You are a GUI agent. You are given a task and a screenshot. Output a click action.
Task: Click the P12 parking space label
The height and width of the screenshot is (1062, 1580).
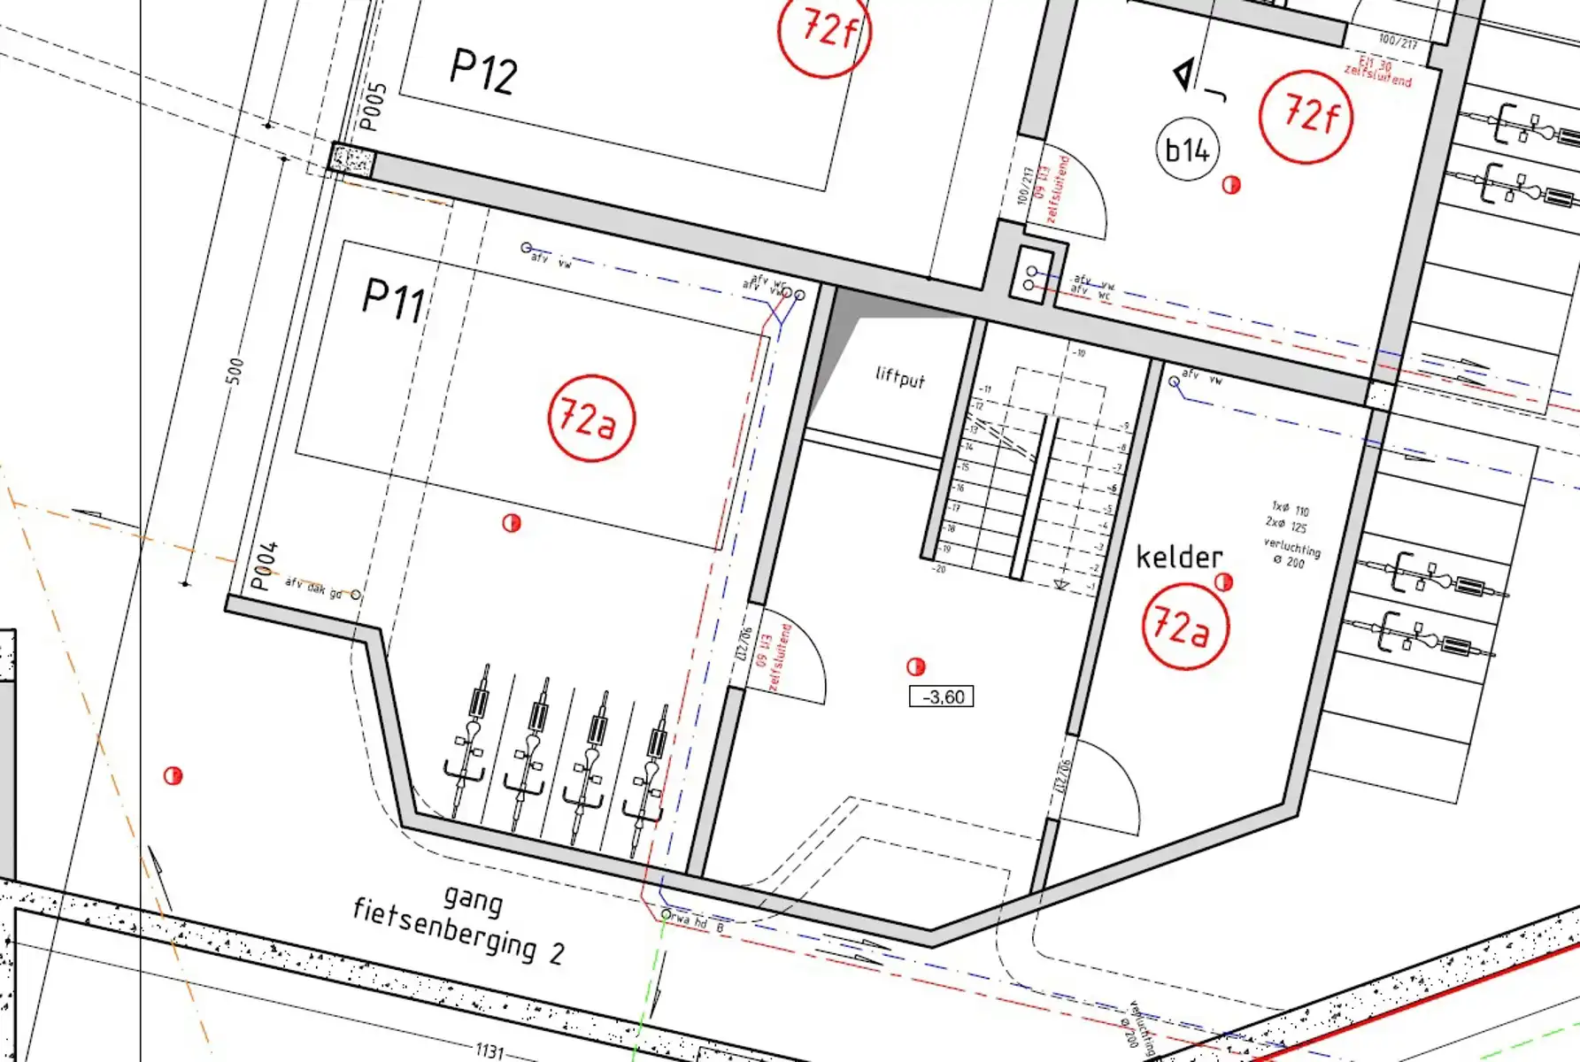pos(483,71)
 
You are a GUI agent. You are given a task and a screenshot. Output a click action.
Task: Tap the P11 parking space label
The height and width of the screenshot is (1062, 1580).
pos(394,301)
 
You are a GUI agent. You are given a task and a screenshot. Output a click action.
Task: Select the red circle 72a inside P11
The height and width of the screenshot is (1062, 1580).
pos(591,418)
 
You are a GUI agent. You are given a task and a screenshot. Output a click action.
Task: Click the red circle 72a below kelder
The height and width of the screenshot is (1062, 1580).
pos(1185,627)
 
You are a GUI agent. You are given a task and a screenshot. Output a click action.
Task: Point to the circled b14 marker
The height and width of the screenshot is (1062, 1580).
pos(1187,150)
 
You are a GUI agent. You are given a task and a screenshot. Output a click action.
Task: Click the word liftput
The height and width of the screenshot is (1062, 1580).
pos(899,378)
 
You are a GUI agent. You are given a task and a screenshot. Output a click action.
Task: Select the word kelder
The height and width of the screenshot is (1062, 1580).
pos(1179,558)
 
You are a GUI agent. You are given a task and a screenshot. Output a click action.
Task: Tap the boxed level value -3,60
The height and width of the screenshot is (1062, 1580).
pos(942,697)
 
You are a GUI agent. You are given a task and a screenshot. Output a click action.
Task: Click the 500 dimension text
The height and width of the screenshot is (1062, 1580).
pos(235,371)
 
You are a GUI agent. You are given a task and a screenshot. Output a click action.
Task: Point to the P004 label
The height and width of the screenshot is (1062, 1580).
pos(264,566)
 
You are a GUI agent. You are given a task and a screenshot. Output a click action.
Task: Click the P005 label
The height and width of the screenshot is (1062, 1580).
pos(374,107)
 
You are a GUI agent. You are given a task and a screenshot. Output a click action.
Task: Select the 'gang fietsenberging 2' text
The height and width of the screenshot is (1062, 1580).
pos(459,926)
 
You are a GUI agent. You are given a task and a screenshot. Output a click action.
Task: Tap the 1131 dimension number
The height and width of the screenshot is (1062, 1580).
pos(489,1051)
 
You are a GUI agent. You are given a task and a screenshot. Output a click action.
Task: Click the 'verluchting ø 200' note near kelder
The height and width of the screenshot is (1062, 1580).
pos(1291,553)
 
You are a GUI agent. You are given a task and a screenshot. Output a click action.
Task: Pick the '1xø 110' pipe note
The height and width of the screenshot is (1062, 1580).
pos(1291,510)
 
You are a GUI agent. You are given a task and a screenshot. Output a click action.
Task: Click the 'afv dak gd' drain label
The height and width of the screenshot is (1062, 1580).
pos(313,589)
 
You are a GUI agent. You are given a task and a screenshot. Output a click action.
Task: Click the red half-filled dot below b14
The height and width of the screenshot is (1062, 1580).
pos(1231,185)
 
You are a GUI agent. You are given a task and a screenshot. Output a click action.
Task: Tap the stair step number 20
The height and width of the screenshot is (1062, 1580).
pos(938,569)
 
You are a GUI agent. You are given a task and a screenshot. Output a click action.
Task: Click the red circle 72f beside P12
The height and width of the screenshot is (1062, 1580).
pos(825,32)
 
